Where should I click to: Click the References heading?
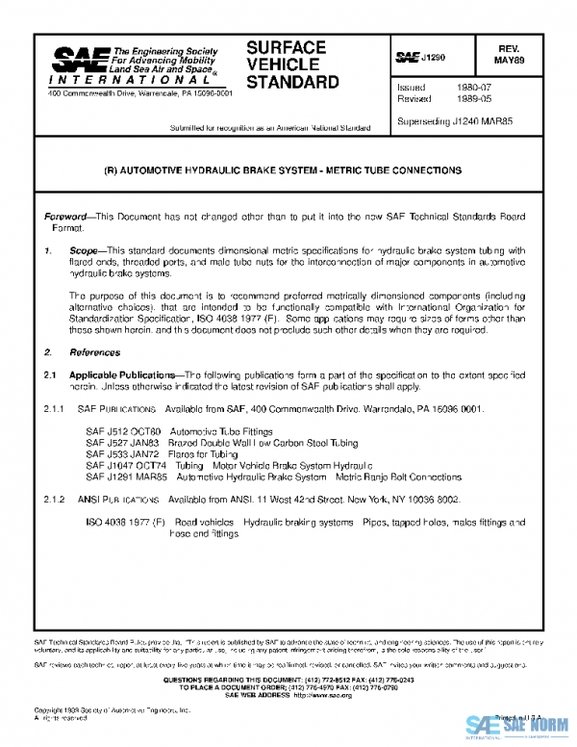tap(92, 352)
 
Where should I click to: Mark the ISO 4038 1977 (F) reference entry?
tap(126, 523)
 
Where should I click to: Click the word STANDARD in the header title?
tap(292, 82)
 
